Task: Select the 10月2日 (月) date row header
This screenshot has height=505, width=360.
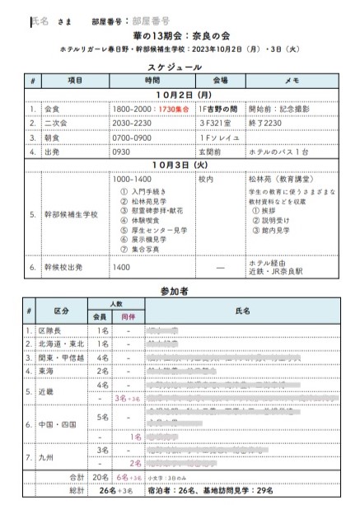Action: tap(180, 95)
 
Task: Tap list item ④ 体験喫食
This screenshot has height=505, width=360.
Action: tap(142, 222)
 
